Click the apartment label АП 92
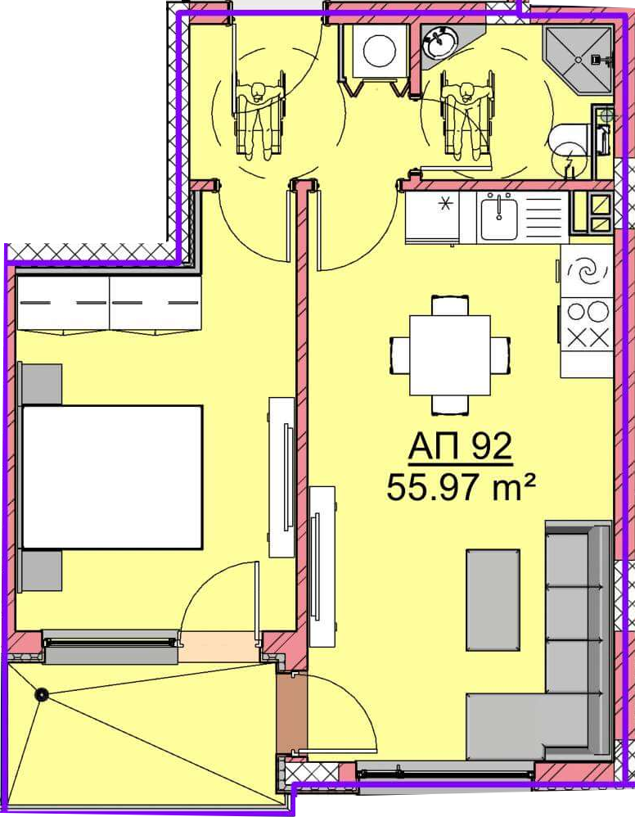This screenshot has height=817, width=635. [x=460, y=448]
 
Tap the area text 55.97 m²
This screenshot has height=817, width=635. [x=461, y=488]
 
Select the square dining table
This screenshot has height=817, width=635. [x=449, y=355]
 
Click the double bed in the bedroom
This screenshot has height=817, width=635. [x=111, y=476]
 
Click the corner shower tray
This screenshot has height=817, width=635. [x=577, y=60]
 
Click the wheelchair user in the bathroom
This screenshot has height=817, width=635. [x=466, y=115]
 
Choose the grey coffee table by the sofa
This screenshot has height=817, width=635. [x=493, y=599]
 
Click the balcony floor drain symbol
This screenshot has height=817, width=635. [x=41, y=694]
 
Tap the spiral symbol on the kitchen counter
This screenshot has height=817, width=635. [x=588, y=271]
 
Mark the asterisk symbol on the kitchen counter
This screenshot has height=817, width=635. [x=445, y=204]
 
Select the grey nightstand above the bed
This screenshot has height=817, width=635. [x=41, y=384]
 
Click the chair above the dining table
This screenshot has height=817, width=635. [x=449, y=305]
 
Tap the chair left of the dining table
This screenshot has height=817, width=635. [x=400, y=355]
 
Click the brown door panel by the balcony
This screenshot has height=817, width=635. [x=290, y=713]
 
